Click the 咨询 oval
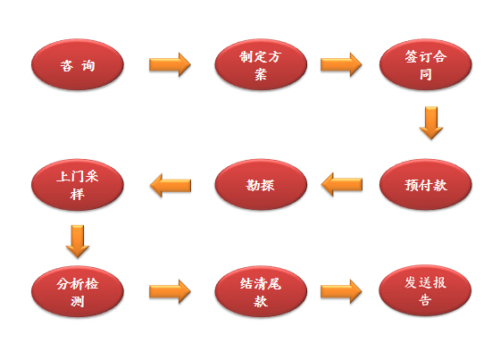tap(78, 65)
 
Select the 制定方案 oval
tap(261, 65)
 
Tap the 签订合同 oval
tap(426, 65)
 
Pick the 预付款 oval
tap(426, 185)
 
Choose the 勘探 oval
tap(261, 185)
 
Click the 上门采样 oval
tap(78, 185)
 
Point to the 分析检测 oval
tap(78, 291)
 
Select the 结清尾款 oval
tap(261, 291)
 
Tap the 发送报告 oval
tap(425, 290)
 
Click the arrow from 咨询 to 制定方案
tap(170, 64)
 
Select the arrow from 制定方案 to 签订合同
tap(341, 64)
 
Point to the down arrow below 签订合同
tap(431, 122)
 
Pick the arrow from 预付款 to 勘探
tap(342, 185)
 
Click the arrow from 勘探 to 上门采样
tap(171, 185)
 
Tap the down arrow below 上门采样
tap(78, 241)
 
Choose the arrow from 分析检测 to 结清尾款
tap(170, 291)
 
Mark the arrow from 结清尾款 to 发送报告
tap(341, 291)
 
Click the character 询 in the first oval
tap(88, 65)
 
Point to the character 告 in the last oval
tap(425, 300)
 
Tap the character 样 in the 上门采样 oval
tap(77, 194)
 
